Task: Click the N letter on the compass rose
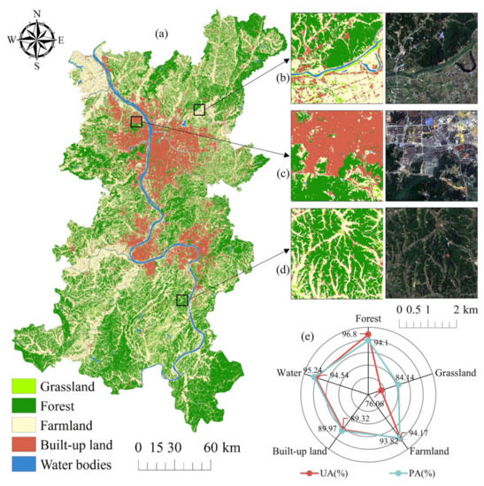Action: click(36, 12)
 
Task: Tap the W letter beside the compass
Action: click(12, 39)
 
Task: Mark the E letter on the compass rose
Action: click(60, 39)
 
